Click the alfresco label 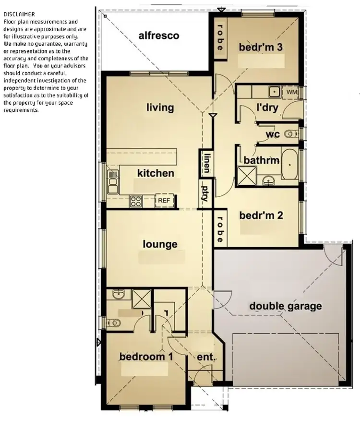pyautogui.click(x=159, y=36)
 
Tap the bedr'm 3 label pyautogui.click(x=260, y=47)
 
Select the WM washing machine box pyautogui.click(x=292, y=91)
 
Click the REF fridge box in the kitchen pyautogui.click(x=164, y=201)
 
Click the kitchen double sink pyautogui.click(x=113, y=181)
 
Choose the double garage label pyautogui.click(x=285, y=306)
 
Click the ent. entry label pyautogui.click(x=205, y=357)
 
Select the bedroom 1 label pyautogui.click(x=146, y=357)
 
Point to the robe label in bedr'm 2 pyautogui.click(x=220, y=228)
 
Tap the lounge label pyautogui.click(x=160, y=244)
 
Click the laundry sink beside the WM pyautogui.click(x=275, y=91)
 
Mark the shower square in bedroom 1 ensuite pyautogui.click(x=141, y=299)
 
